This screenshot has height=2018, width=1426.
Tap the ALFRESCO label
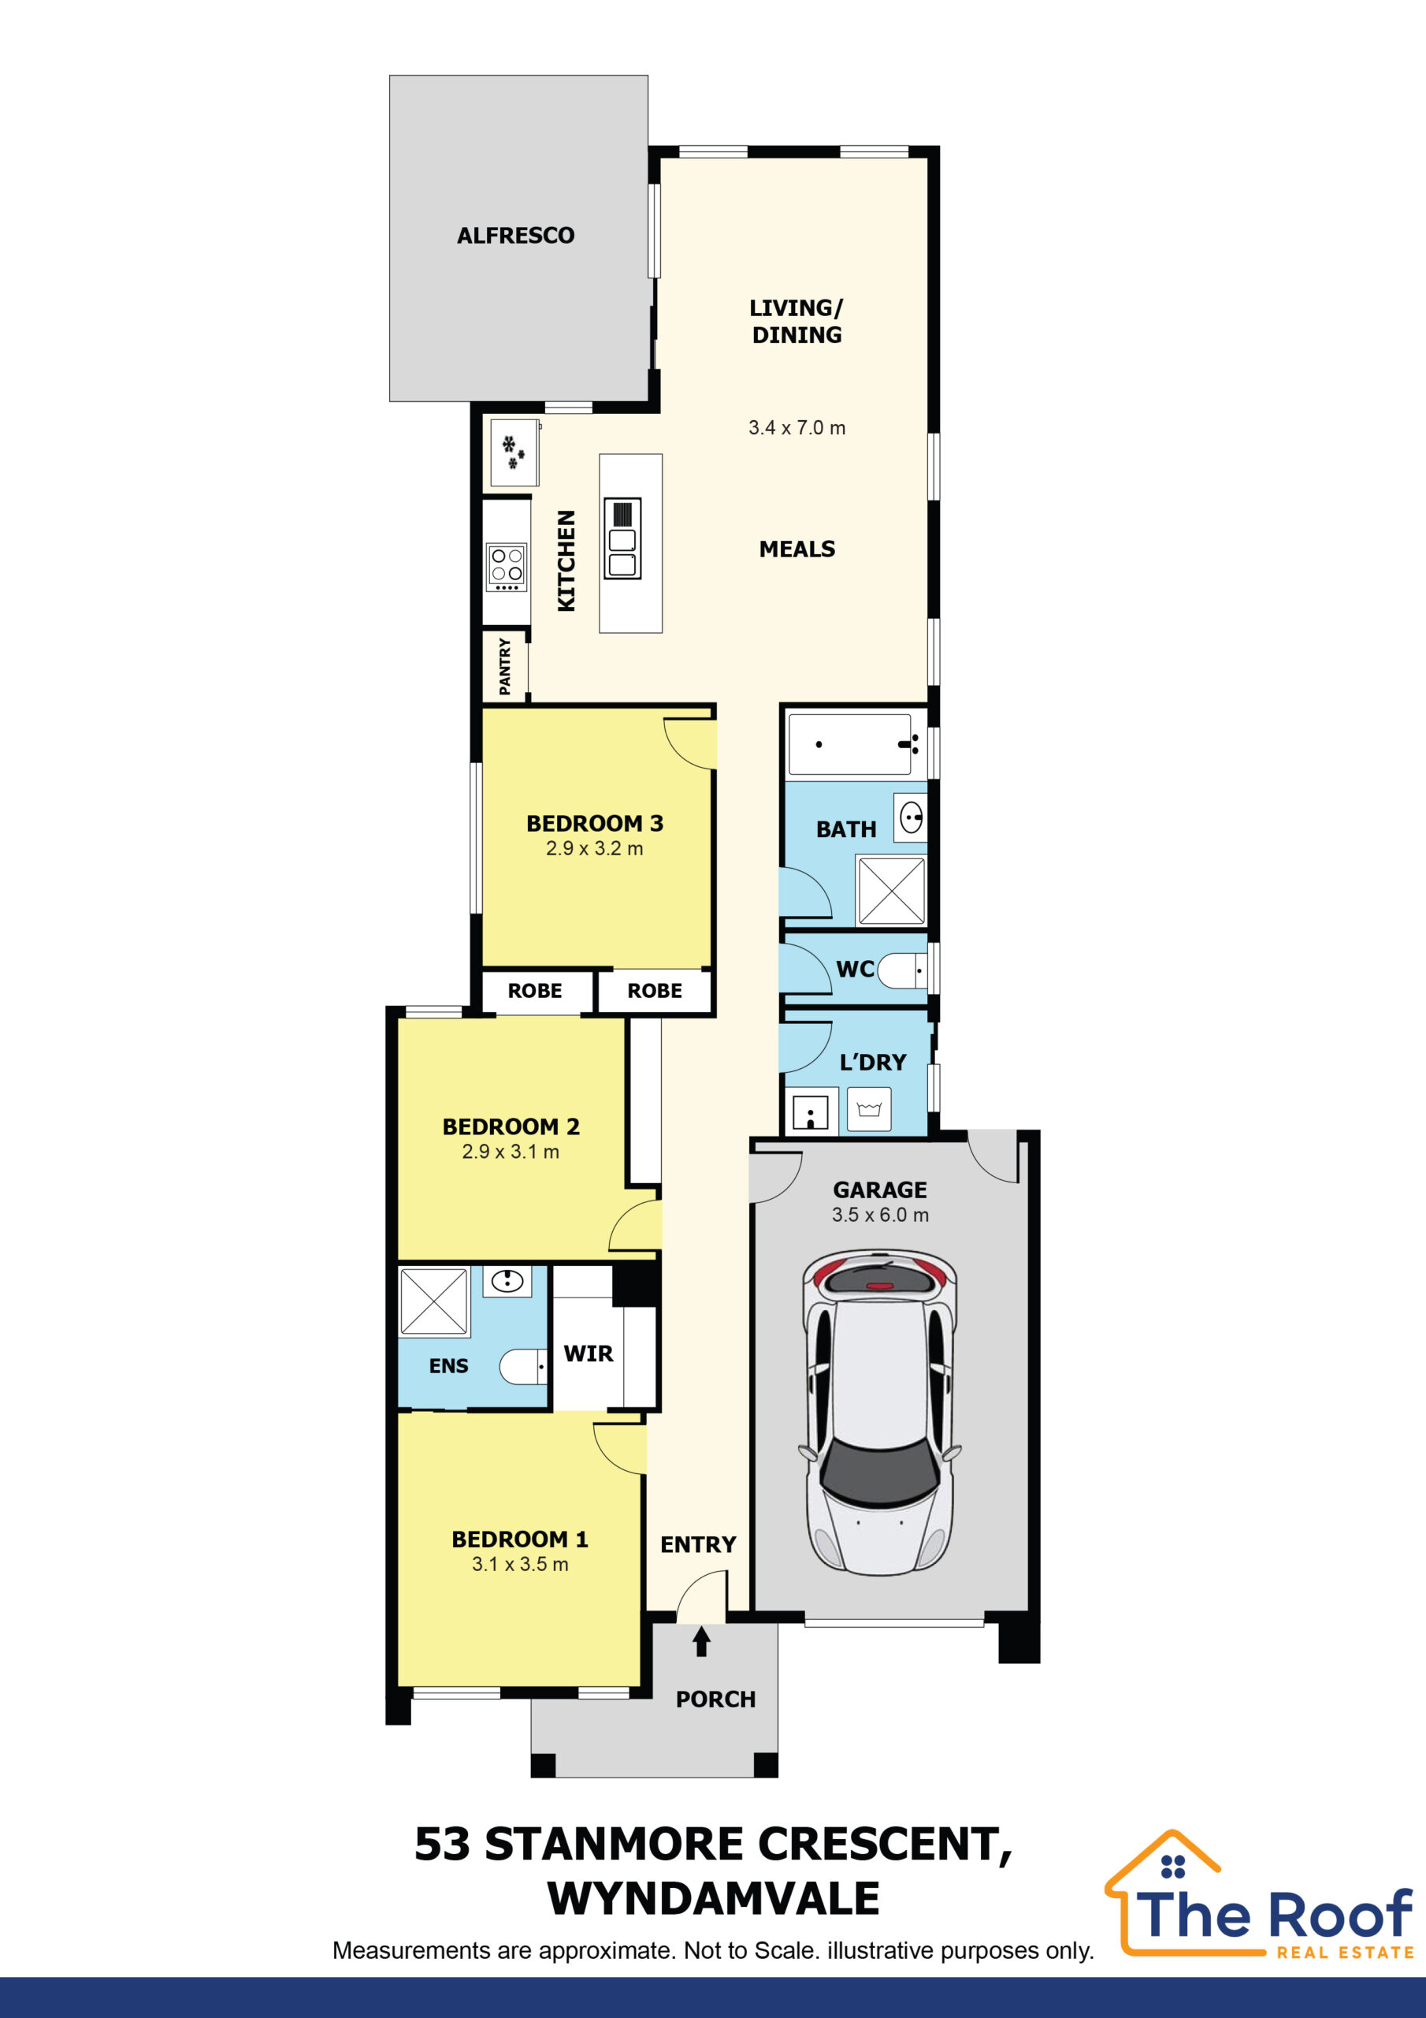(x=516, y=236)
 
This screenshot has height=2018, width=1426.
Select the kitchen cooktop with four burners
(x=507, y=567)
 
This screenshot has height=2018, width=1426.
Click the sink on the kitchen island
(x=622, y=538)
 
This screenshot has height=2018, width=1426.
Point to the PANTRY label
(x=504, y=666)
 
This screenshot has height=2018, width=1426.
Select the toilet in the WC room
(x=901, y=971)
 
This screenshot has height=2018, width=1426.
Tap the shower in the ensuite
(x=434, y=1301)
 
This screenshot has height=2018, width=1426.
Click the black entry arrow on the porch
(x=701, y=1642)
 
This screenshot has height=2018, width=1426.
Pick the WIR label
(x=589, y=1353)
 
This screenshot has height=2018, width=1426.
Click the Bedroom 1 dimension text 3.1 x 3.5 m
(x=520, y=1565)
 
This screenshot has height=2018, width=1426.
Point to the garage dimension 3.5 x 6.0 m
(x=880, y=1215)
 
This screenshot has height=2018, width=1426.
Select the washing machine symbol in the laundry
(x=869, y=1109)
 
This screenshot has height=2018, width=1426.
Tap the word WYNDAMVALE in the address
(x=714, y=1898)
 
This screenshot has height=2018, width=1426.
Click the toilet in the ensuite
(x=524, y=1367)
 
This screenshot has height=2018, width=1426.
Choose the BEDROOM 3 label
(x=595, y=824)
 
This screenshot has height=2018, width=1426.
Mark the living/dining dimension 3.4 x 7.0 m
(x=797, y=428)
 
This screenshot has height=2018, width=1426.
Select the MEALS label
(x=797, y=549)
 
